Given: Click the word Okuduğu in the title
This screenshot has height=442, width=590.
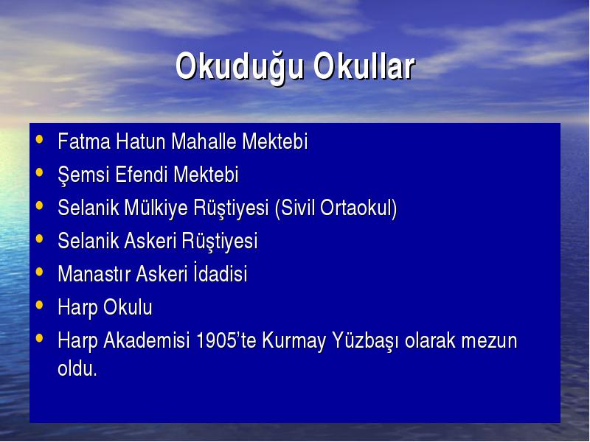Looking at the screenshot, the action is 239,68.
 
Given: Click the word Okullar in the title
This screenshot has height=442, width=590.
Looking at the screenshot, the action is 364,66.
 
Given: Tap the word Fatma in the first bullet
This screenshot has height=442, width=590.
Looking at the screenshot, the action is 84,141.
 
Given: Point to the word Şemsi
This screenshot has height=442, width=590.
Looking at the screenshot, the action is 83,175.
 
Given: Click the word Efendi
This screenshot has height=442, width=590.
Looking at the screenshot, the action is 142,175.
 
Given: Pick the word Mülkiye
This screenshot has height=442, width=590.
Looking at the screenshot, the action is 156,208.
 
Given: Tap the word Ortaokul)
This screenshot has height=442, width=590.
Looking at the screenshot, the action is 358,208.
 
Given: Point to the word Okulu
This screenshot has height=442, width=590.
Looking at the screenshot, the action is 128,306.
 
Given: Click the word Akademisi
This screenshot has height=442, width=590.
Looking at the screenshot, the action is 146,340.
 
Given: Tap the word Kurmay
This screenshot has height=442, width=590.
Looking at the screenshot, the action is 294,341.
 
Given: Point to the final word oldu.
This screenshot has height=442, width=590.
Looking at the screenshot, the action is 77,368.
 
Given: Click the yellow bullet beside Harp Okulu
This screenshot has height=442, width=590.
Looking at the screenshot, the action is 39,305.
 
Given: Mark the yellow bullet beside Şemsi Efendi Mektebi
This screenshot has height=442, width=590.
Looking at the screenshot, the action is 39,172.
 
